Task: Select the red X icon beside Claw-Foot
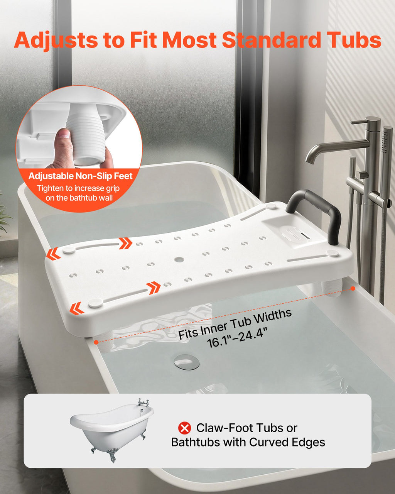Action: click(184, 428)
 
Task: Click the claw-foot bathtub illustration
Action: click(112, 430)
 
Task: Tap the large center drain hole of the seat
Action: click(179, 260)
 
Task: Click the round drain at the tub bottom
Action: click(186, 362)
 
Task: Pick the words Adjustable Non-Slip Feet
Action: click(80, 176)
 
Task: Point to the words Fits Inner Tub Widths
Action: click(235, 324)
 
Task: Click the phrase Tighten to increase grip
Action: click(78, 188)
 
